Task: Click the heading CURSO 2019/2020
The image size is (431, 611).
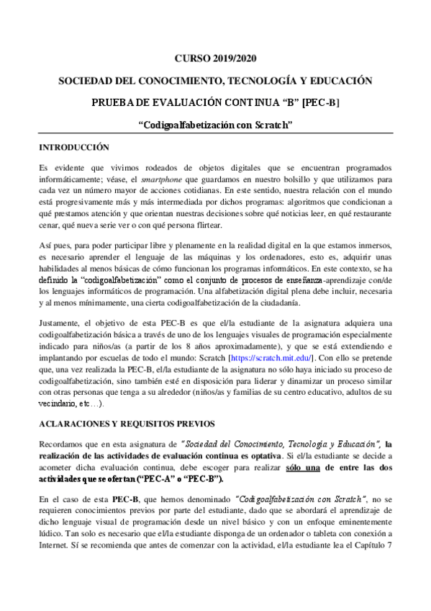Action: click(215, 58)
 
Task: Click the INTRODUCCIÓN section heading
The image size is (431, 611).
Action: click(74, 148)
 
